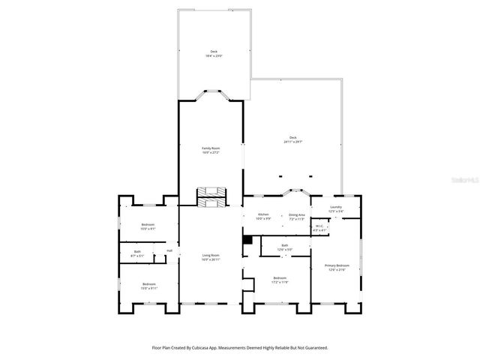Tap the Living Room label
tap(210, 257)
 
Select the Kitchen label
tap(263, 216)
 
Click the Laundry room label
tap(335, 209)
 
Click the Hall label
tap(169, 250)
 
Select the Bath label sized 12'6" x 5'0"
tap(285, 247)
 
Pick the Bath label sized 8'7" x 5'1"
tap(137, 253)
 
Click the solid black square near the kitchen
tap(246, 240)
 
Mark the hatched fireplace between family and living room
tap(210, 196)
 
